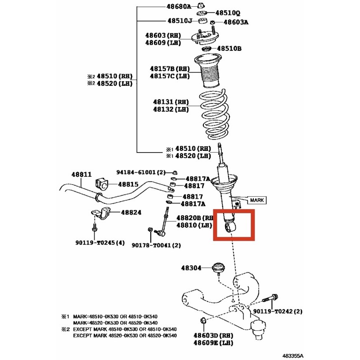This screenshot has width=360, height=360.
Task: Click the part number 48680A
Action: click(x=179, y=6)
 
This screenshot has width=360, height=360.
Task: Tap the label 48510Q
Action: click(x=228, y=13)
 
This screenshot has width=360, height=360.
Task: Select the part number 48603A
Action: click(x=236, y=22)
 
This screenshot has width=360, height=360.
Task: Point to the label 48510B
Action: click(x=229, y=49)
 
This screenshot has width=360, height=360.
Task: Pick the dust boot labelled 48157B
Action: click(x=208, y=71)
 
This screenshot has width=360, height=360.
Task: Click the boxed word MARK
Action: click(x=257, y=200)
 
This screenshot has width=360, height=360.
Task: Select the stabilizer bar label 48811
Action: click(x=81, y=175)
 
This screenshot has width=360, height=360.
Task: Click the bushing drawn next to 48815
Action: click(x=102, y=184)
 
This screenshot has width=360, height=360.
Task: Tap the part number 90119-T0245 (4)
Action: click(x=100, y=243)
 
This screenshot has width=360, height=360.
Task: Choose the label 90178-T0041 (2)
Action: click(x=156, y=245)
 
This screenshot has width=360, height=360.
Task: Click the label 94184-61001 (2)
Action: click(x=141, y=172)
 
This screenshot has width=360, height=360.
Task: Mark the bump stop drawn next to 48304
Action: click(x=218, y=268)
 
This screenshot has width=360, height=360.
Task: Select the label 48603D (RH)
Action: click(x=213, y=335)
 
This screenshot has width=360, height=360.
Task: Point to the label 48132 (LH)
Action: click(x=171, y=109)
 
